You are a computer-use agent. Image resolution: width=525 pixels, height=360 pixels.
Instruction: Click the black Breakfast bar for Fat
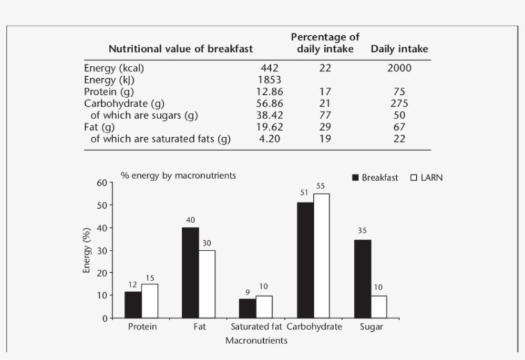190,272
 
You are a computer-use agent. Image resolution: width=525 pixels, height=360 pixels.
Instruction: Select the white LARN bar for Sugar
378,306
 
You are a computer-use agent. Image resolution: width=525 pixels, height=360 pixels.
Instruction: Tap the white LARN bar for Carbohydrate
321,256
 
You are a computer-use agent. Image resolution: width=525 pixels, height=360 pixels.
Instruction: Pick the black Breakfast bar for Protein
133,304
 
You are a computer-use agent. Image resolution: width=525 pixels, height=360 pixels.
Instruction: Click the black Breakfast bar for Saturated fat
247,308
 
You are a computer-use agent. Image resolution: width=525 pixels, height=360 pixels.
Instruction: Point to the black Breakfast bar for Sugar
362,279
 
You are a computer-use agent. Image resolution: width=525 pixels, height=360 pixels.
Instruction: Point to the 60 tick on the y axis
101,183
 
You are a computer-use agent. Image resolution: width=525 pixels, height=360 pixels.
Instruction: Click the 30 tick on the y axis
101,250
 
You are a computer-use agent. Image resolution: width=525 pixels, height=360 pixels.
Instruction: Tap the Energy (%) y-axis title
86,250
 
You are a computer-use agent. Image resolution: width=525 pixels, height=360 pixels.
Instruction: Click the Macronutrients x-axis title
255,341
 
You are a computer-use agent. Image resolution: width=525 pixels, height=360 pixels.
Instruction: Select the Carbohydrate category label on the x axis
314,327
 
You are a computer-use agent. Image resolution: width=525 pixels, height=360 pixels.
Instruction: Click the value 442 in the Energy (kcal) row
270,68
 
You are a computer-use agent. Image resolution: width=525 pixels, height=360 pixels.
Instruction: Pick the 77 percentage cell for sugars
325,115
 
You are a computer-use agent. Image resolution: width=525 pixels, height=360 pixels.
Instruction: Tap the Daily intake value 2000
399,68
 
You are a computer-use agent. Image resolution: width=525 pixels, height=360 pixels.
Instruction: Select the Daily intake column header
399,49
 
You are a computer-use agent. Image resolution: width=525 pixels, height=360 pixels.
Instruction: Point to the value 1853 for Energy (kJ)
270,80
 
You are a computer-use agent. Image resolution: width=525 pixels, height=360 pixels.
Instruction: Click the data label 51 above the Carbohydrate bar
305,192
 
